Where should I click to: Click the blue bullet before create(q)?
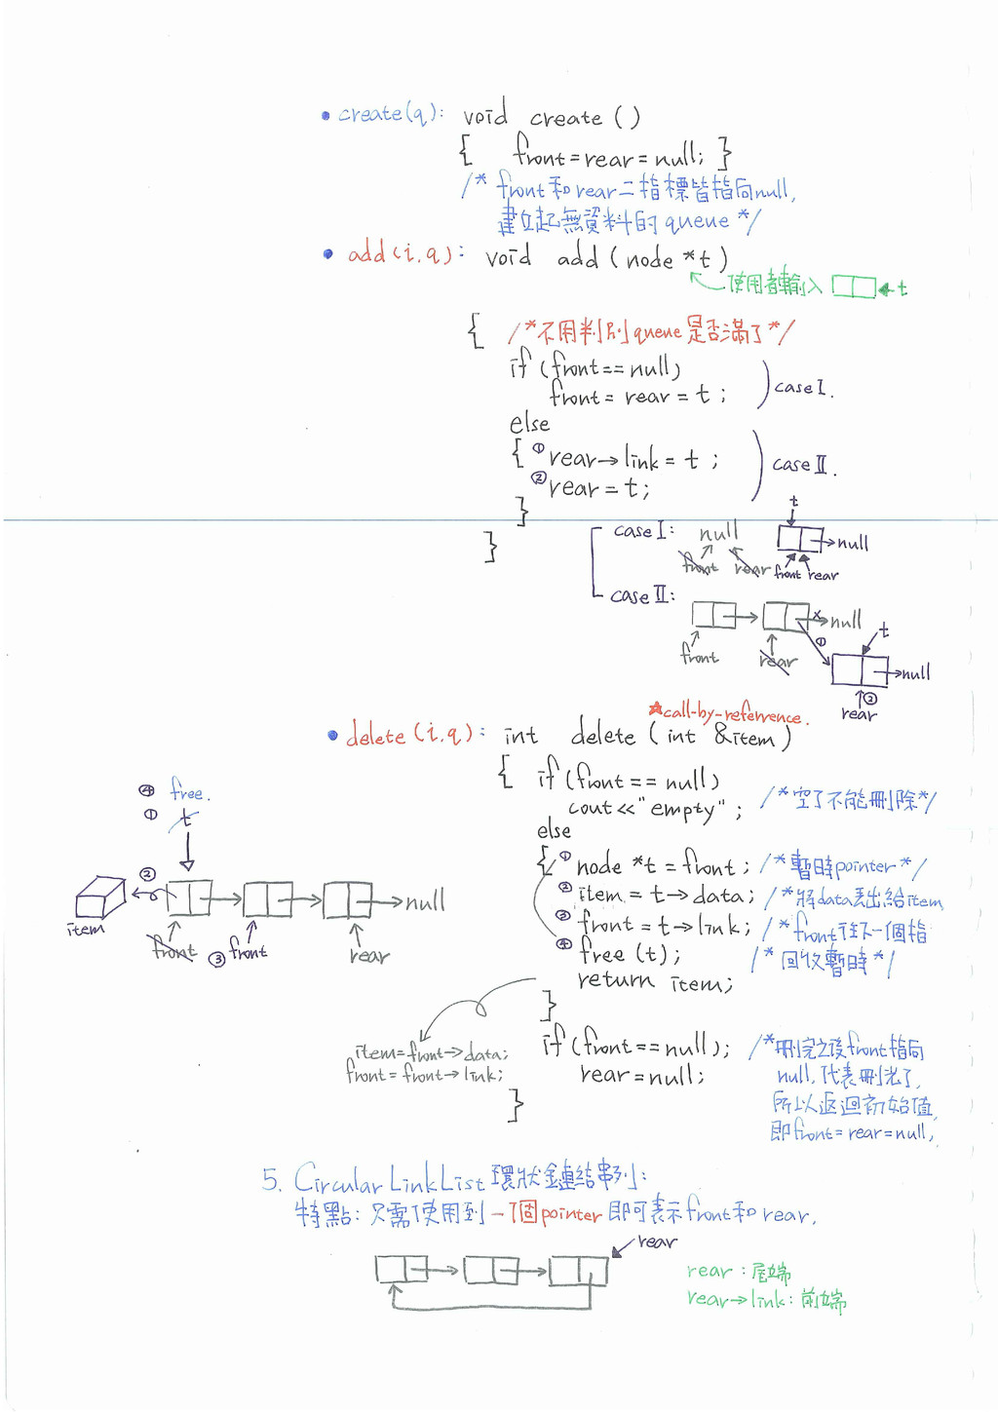[x=326, y=116]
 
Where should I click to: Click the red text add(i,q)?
[x=400, y=254]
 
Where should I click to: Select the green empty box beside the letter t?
[x=853, y=287]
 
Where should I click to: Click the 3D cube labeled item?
[x=100, y=897]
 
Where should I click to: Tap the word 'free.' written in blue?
[x=188, y=790]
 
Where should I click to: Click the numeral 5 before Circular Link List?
[x=270, y=1180]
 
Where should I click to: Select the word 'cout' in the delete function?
[x=590, y=808]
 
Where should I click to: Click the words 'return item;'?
[x=654, y=981]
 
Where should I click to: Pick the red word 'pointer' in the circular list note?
[x=571, y=1214]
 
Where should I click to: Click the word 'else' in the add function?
[x=529, y=424]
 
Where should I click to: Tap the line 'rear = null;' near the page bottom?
[x=641, y=1075]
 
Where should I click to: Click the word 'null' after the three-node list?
[x=425, y=901]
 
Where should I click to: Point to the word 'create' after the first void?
[x=566, y=119]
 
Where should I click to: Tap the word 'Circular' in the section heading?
[x=337, y=1181]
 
